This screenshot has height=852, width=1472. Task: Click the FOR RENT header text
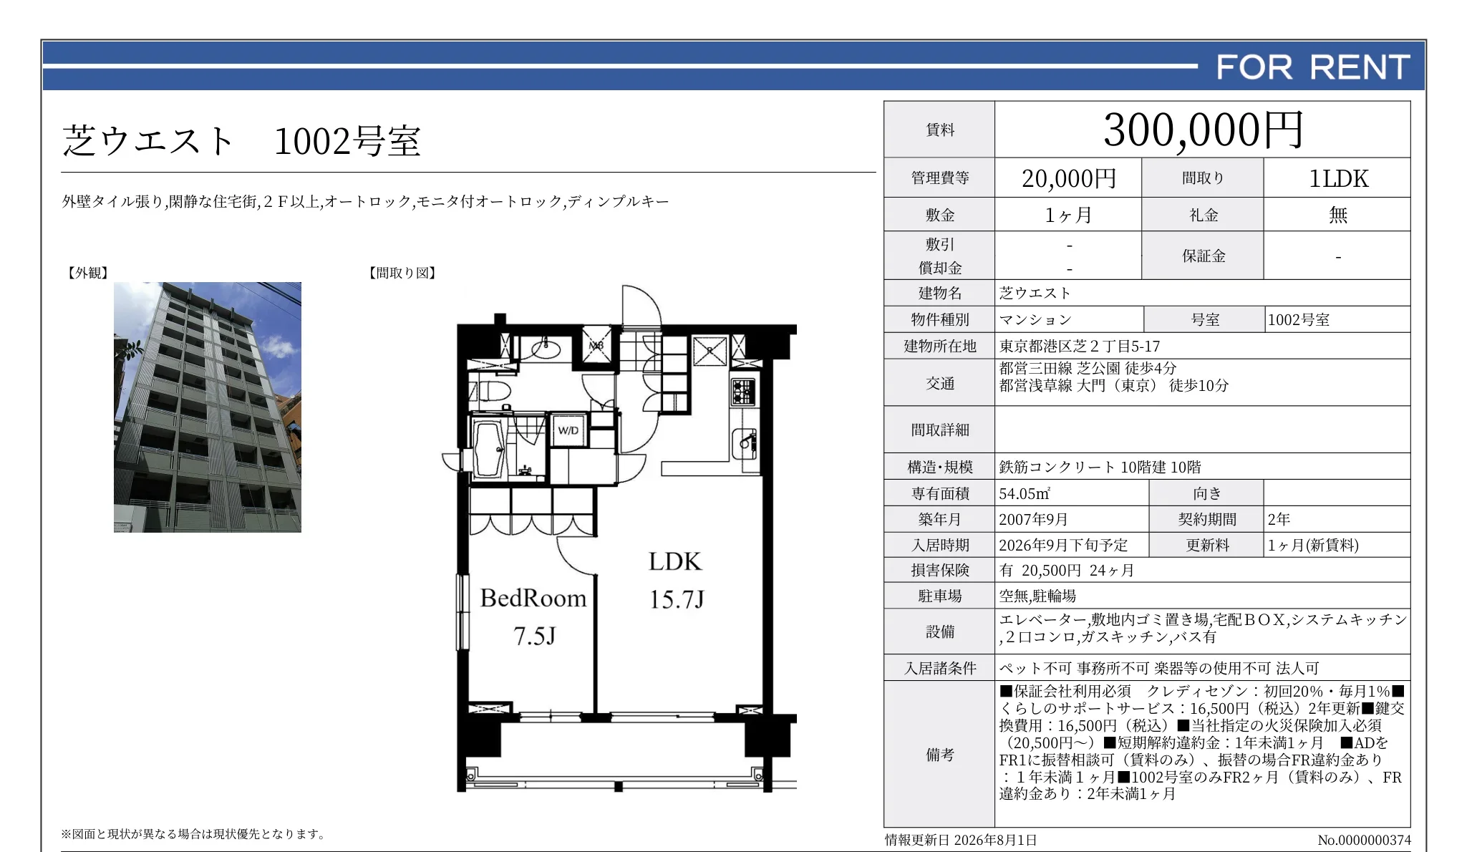[x=1313, y=67]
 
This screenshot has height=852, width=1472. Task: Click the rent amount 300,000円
[x=1203, y=130]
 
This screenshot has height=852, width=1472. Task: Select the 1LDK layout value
[x=1338, y=178]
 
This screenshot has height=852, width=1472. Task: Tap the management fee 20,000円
[x=1069, y=178]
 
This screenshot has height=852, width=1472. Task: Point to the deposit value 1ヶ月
[x=1069, y=215]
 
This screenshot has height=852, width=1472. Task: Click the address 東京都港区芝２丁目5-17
[x=1080, y=347]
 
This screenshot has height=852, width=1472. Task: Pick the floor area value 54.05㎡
[x=1025, y=493]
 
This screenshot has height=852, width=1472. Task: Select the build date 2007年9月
[x=1034, y=519]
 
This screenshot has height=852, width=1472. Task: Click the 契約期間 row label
[x=1206, y=519]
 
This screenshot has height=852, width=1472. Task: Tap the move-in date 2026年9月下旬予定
[x=1063, y=545]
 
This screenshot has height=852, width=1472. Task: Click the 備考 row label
[x=939, y=754]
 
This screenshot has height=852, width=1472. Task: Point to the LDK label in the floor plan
[x=675, y=561]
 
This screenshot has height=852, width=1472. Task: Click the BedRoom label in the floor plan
[x=533, y=598]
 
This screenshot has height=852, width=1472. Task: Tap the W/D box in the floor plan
[x=568, y=430]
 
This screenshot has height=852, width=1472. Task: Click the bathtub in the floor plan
[x=490, y=449]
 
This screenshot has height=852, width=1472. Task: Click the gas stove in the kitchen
[x=743, y=392]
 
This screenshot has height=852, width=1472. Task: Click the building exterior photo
[x=208, y=407]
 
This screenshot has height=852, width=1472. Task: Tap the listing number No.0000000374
[x=1364, y=840]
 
